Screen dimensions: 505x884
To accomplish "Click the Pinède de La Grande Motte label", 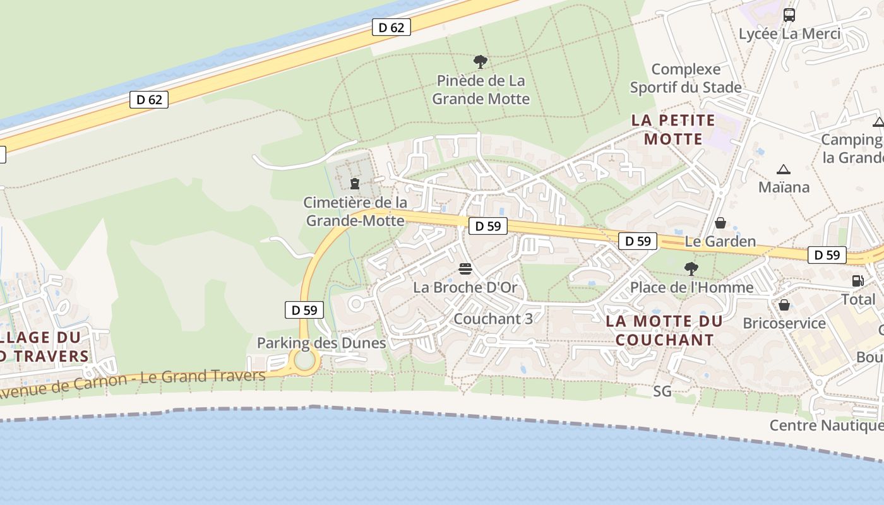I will pos(481,90).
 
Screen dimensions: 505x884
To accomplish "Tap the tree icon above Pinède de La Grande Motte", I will pos(481,62).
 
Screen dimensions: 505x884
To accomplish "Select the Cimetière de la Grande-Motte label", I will pos(355,211).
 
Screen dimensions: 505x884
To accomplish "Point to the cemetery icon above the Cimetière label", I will pos(355,184).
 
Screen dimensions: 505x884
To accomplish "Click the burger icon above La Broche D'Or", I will pos(465,269).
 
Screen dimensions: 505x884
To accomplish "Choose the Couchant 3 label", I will pos(493,319).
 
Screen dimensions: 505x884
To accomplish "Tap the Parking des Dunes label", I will pos(321,343).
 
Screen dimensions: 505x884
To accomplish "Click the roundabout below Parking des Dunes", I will pos(305,361).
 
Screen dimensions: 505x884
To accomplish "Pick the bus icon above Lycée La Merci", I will pos(789,15).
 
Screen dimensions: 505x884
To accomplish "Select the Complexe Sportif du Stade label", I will pos(686,78).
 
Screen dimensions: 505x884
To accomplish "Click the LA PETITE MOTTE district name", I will pos(673,129).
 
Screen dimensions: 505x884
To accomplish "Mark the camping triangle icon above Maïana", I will pos(784,169).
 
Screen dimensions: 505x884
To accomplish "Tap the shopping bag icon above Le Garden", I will pos(720,223).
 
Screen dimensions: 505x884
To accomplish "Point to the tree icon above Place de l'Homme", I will pos(691,269).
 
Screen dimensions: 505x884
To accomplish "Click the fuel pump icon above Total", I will pos(857,281).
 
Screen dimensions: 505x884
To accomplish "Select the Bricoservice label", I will pos(784,323).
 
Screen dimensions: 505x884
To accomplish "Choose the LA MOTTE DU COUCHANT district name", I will pos(664,330).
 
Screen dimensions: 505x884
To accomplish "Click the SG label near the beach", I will pos(662,392).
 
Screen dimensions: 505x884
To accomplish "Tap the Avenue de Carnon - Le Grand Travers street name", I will pos(133,383).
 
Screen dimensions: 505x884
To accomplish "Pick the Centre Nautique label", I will pos(826,425).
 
